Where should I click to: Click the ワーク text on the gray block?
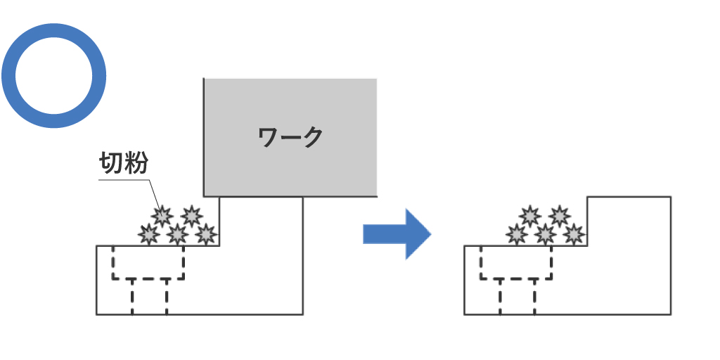click(x=290, y=136)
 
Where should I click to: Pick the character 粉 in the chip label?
click(x=135, y=163)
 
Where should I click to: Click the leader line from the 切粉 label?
click(x=127, y=180)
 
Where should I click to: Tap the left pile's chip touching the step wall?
click(x=205, y=233)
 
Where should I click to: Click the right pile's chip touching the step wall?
click(x=574, y=233)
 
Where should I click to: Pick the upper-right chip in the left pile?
click(x=191, y=215)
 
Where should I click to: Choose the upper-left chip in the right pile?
click(x=530, y=215)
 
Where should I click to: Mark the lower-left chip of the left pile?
click(x=148, y=233)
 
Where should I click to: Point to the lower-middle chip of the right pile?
click(x=545, y=233)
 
